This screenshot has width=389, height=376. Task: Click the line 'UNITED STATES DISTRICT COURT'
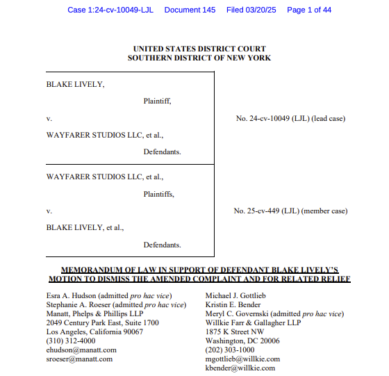tap(199, 49)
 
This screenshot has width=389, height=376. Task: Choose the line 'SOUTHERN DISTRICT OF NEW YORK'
tap(199, 58)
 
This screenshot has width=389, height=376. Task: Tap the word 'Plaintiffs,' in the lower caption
tap(159, 194)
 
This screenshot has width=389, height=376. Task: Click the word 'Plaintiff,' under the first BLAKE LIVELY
tap(158, 101)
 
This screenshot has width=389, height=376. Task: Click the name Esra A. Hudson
tap(69, 296)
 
